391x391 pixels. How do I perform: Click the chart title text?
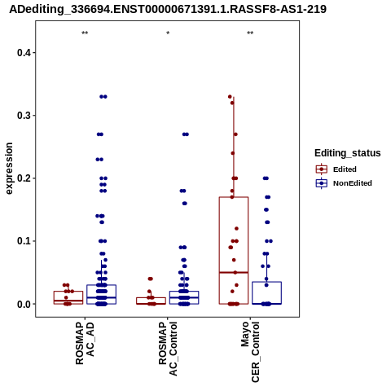click(168, 9)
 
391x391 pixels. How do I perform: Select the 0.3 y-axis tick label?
click(24, 116)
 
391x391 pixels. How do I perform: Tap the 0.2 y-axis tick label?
click(24, 178)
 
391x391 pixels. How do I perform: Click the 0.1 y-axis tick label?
click(24, 241)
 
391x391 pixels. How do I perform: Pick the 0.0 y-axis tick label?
click(24, 304)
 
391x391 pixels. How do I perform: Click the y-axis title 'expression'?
click(9, 169)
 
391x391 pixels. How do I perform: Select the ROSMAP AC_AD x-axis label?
click(85, 344)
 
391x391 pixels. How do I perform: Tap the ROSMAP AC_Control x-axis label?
click(168, 349)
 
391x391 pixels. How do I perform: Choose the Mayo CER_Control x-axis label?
click(250, 352)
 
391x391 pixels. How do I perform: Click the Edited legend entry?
click(336, 169)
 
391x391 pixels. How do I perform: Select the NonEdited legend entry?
click(344, 183)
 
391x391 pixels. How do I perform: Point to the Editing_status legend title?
click(348, 153)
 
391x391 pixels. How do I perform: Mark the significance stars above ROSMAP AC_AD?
click(85, 33)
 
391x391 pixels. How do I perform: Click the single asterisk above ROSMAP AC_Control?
click(168, 33)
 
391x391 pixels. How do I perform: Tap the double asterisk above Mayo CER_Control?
click(250, 33)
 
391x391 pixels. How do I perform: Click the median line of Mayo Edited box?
click(234, 272)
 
